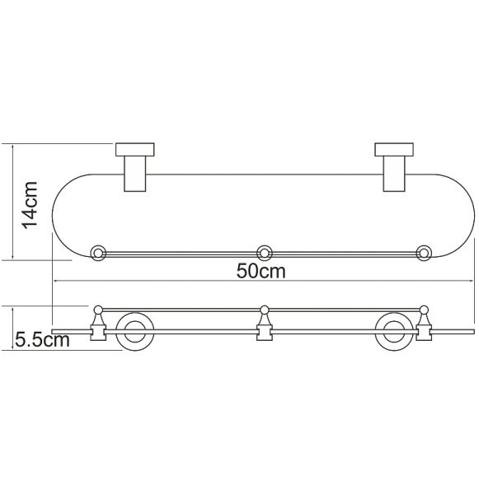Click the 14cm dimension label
click(30, 203)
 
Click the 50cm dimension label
click(261, 271)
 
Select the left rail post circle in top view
click(99, 252)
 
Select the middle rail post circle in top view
click(265, 252)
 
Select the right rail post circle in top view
click(425, 252)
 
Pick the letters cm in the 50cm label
click(274, 271)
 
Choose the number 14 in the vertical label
click(30, 215)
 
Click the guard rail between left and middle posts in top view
click(181, 253)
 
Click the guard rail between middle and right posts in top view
click(345, 253)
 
